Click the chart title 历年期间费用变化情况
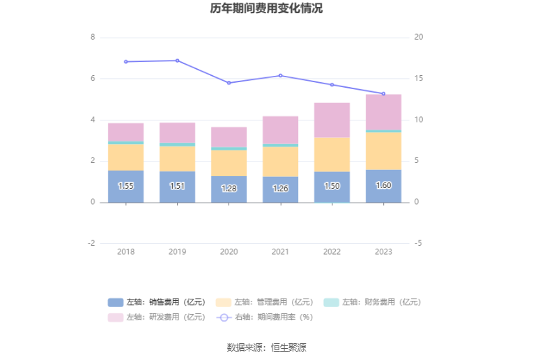(266, 9)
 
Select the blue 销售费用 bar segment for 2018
(126, 187)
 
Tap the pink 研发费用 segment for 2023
(383, 111)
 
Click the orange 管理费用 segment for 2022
(332, 154)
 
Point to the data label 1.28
(229, 189)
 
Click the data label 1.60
(383, 186)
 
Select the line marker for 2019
(178, 61)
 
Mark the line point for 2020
(229, 83)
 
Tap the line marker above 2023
(383, 93)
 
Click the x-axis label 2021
(280, 251)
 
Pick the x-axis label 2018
(126, 251)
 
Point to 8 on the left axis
(93, 37)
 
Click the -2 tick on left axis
(91, 243)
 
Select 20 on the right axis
(418, 37)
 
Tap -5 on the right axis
(417, 243)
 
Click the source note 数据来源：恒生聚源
(266, 347)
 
